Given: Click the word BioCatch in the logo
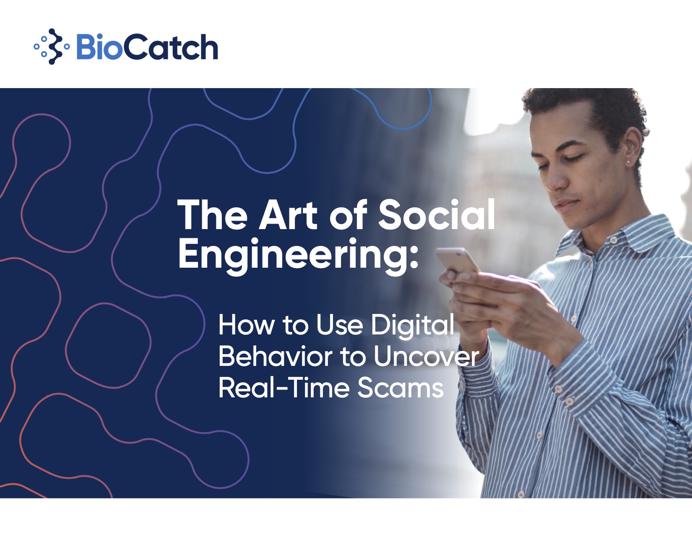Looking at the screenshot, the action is (147, 47).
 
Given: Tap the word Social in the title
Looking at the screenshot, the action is (436, 214).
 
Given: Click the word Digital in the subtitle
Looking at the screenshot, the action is (413, 325).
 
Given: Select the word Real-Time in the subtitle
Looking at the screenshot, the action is (284, 388).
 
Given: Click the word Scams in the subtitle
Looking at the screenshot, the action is (400, 388).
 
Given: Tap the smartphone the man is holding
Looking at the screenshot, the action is (458, 260).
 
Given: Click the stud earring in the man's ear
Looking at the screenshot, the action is (629, 162).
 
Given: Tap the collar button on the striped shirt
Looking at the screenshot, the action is (614, 240).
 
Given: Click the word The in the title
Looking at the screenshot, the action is (212, 214).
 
